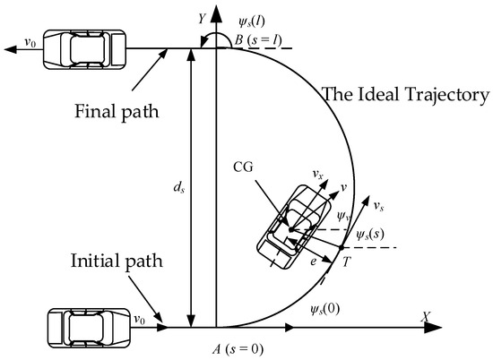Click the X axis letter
tap(427, 317)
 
